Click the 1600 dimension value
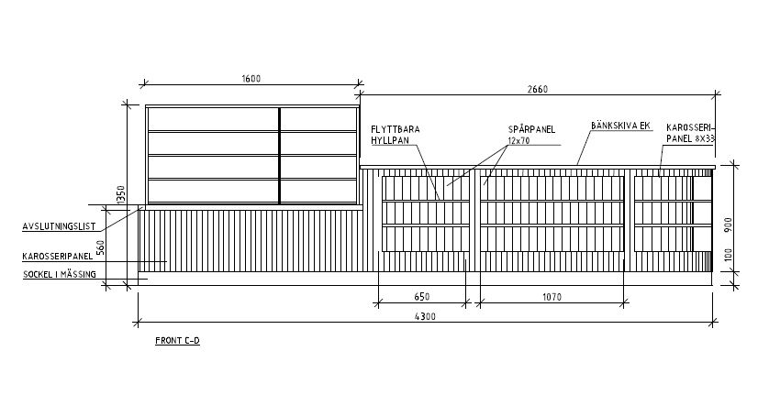point(251,79)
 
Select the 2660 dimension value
point(538,89)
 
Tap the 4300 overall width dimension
point(425,316)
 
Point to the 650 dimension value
point(422,296)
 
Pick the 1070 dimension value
point(552,297)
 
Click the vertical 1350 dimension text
point(121,195)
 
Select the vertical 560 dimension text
point(101,247)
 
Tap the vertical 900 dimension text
point(729,225)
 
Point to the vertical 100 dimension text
point(729,255)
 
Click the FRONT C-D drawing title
point(177,340)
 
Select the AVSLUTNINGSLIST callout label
point(59,226)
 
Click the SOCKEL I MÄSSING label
point(60,274)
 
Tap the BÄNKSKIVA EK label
point(620,126)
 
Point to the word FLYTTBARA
point(396,129)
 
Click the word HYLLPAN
point(390,140)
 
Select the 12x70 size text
point(518,141)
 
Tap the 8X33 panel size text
point(705,138)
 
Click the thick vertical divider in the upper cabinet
point(279,155)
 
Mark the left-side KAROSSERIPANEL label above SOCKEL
point(58,257)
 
